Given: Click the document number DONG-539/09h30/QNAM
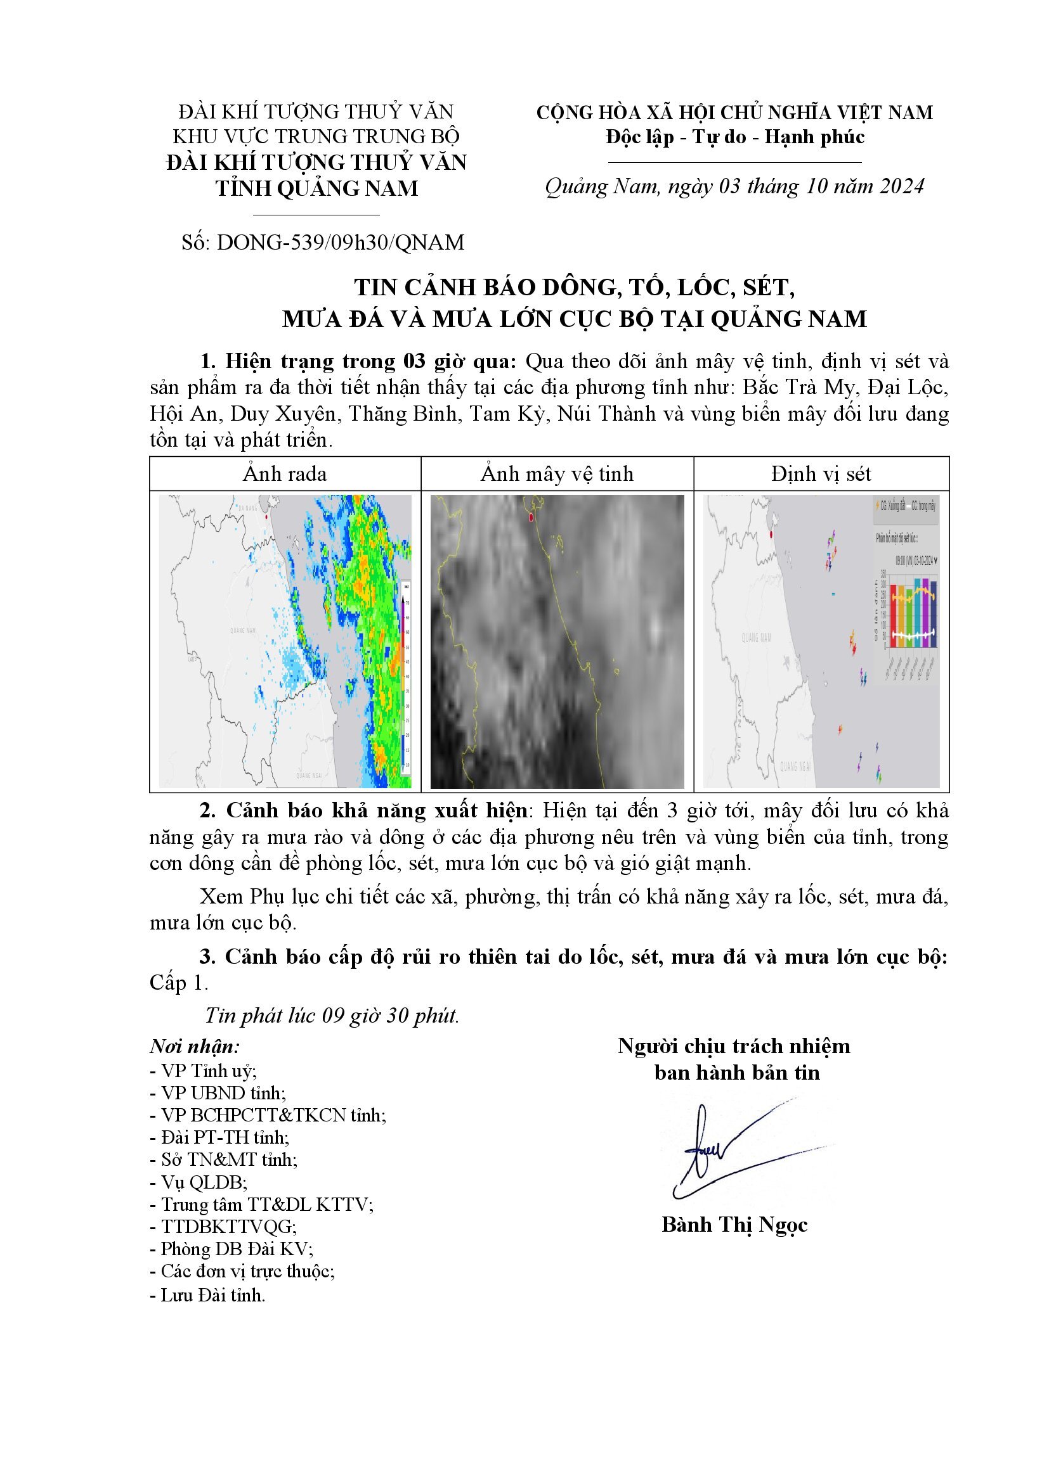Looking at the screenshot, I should pos(341,242).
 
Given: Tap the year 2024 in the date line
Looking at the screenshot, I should pos(902,186).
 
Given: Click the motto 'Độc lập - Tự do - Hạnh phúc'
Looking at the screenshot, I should pos(734,137).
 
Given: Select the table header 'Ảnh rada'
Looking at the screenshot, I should pos(285,474).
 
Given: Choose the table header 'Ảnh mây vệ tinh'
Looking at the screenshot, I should pos(557,474).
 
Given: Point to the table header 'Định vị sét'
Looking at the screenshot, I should pos(820,474).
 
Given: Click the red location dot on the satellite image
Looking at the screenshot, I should pos(531,517).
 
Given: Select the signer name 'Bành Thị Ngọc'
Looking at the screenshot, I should pos(734,1225).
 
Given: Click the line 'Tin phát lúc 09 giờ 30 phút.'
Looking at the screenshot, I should pos(331,1015).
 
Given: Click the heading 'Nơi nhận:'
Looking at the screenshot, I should pos(195,1045).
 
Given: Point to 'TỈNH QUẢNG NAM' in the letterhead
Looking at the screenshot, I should pos(316,188).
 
